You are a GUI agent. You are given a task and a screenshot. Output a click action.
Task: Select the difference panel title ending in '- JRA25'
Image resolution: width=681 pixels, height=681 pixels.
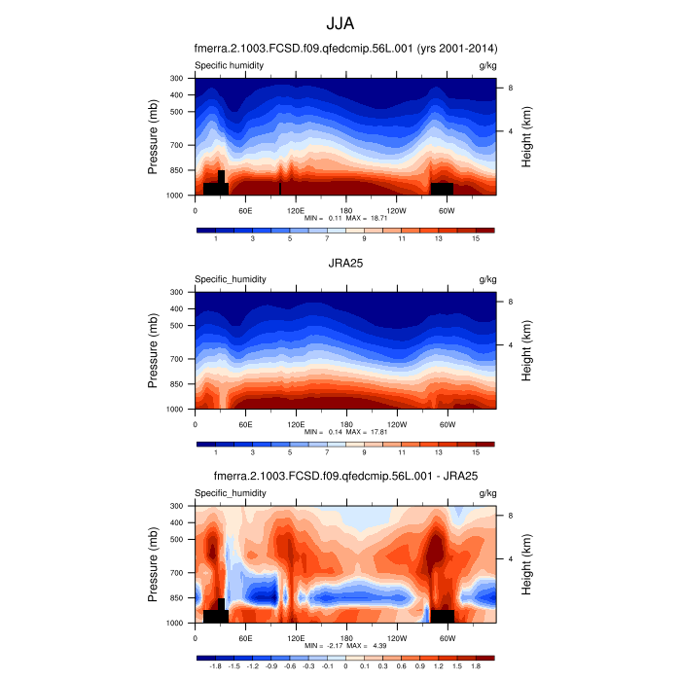click(344, 476)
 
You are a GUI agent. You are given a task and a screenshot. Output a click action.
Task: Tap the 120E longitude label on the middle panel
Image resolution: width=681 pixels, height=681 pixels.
click(296, 424)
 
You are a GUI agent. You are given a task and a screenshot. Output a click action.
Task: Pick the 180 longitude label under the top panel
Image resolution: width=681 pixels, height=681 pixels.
click(345, 210)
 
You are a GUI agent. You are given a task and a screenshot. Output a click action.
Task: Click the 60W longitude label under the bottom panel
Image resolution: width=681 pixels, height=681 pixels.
click(447, 638)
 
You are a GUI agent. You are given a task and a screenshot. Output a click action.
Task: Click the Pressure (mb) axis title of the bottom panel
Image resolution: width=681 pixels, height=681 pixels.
click(154, 564)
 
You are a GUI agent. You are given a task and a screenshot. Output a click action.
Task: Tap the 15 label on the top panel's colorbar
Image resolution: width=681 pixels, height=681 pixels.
click(476, 238)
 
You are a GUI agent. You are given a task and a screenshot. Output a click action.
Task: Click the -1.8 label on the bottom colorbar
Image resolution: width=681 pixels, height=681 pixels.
click(215, 666)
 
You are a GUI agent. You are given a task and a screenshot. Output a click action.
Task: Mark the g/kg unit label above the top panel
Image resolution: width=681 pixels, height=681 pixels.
click(488, 65)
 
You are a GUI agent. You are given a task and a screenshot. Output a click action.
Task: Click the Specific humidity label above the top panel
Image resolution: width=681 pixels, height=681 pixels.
click(230, 65)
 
